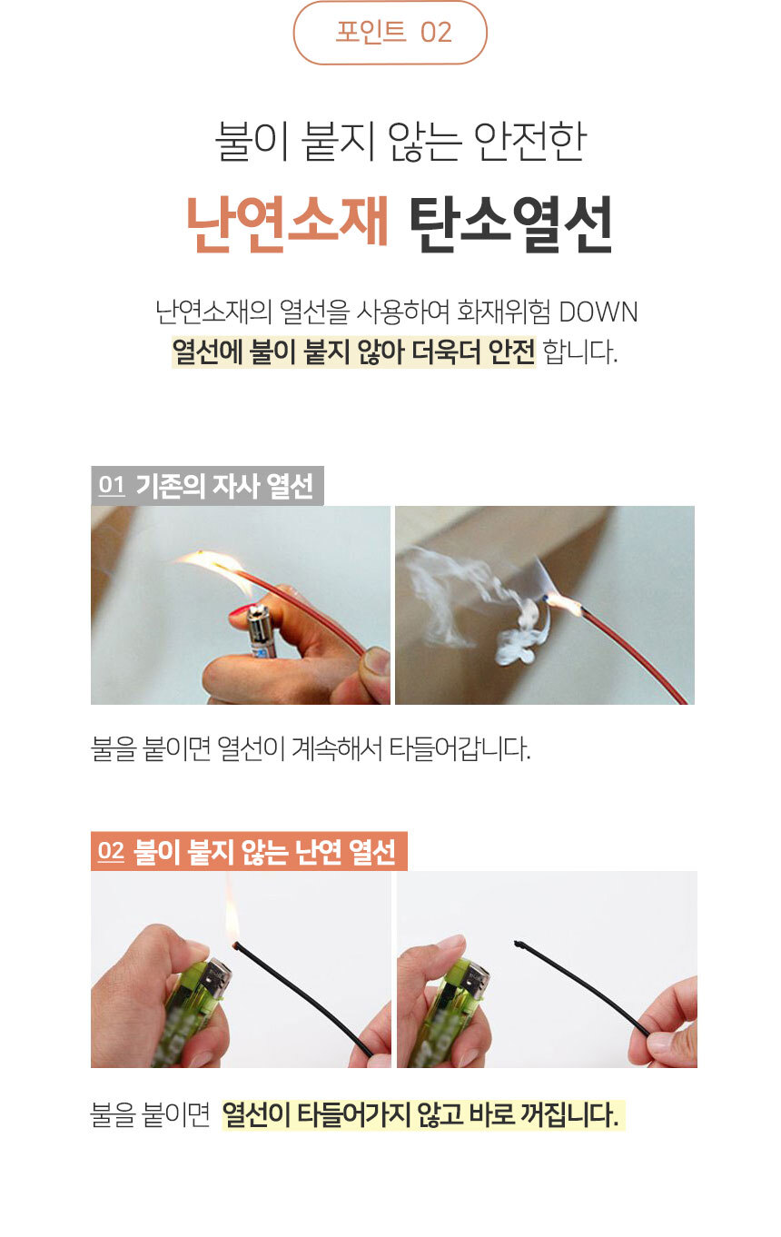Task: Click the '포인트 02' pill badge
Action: pyautogui.click(x=390, y=33)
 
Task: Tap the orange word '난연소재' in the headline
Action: pyautogui.click(x=287, y=223)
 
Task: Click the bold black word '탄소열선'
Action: pyautogui.click(x=509, y=223)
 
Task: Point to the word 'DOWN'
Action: pyautogui.click(x=598, y=312)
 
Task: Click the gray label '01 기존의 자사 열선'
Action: pyautogui.click(x=207, y=487)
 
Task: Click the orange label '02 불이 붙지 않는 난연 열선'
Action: pyautogui.click(x=249, y=852)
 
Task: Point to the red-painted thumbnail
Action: pyautogui.click(x=242, y=617)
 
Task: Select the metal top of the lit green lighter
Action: pyautogui.click(x=215, y=978)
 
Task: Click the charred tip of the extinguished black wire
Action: pyautogui.click(x=519, y=944)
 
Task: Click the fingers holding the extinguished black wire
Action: pyautogui.click(x=667, y=1026)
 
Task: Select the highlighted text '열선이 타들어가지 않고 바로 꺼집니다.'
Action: pyautogui.click(x=422, y=1114)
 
